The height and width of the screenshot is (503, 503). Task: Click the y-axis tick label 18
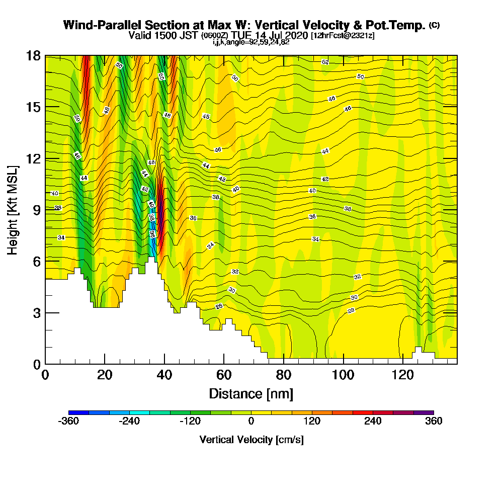coord(33,56)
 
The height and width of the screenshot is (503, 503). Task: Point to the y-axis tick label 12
coord(33,158)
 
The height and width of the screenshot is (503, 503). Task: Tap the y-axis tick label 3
coord(36,312)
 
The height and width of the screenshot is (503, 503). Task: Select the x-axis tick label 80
coord(284,375)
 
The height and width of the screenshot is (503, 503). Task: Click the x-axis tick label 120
coord(403,375)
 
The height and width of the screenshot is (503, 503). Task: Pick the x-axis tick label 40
coord(164,375)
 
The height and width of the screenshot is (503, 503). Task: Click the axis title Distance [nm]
coord(251,393)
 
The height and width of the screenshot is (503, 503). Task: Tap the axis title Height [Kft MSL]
coord(13,210)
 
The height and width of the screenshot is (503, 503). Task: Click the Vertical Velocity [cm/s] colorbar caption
coord(251,440)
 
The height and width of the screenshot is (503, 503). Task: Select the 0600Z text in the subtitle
coord(215,36)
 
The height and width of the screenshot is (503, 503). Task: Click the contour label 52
coord(325,62)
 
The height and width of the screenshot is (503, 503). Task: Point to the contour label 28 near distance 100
coord(351,310)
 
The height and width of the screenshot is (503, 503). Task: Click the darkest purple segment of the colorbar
coord(424,412)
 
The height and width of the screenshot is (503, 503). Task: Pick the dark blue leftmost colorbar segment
coord(78,412)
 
